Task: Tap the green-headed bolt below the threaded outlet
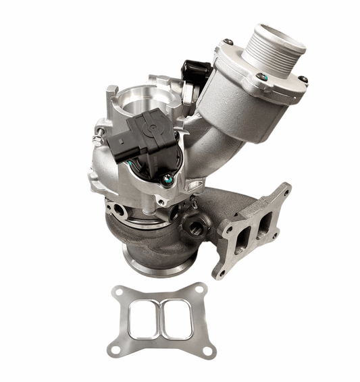pos(260,76)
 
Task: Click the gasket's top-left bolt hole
pos(119,292)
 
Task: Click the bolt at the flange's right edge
pos(303,79)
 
